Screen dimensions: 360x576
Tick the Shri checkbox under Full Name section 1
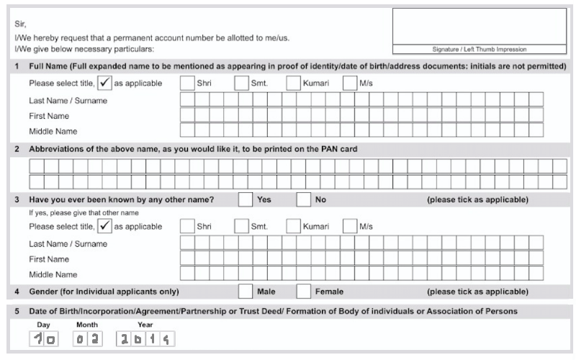pos(186,84)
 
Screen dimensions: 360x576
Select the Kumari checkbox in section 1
pos(293,84)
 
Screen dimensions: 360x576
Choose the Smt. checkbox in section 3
pos(240,226)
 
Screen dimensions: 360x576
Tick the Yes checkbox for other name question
pos(245,199)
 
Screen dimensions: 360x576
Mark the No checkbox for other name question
pos(303,199)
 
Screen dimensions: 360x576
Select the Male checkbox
pos(245,292)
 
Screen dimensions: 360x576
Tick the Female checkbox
pos(303,292)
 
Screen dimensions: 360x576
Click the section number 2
pos(17,149)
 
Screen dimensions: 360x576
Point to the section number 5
pos(17,311)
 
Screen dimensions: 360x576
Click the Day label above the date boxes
pos(42,325)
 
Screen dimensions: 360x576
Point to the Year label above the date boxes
pos(125,325)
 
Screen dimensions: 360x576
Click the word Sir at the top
pos(19,24)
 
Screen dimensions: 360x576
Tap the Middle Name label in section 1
pos(53,131)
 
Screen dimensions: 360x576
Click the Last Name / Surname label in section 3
pos(68,243)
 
